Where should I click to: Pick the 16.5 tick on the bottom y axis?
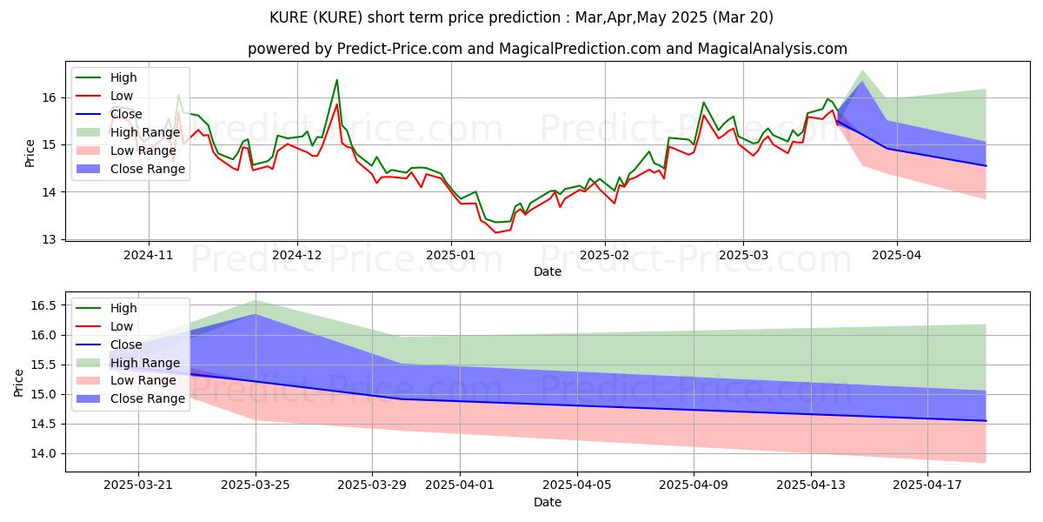click(x=45, y=305)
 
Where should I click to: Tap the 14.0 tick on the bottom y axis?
click(x=45, y=453)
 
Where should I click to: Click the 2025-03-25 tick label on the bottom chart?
click(x=256, y=485)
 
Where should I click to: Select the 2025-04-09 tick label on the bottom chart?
click(x=694, y=485)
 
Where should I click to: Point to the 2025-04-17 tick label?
click(x=927, y=485)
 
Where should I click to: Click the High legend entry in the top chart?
click(x=124, y=77)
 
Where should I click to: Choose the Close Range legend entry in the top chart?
click(x=148, y=169)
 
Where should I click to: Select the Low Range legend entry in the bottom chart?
click(x=144, y=380)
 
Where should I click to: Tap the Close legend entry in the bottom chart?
click(x=127, y=345)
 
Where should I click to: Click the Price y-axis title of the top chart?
click(x=30, y=153)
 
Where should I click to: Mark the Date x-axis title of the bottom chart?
click(x=548, y=502)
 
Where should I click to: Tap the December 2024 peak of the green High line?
click(x=336, y=80)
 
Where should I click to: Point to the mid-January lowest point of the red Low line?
click(x=496, y=232)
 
